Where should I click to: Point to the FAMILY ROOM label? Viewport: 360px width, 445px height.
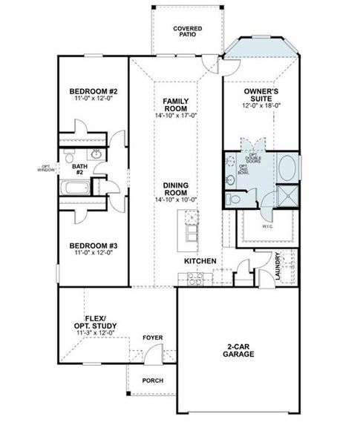click(x=176, y=104)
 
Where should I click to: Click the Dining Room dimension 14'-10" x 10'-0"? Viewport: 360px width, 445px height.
click(x=176, y=200)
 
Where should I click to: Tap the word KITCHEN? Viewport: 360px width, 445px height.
click(x=200, y=261)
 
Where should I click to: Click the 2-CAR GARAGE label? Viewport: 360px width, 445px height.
click(x=238, y=350)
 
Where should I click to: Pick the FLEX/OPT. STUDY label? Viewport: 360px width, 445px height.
click(x=91, y=322)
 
